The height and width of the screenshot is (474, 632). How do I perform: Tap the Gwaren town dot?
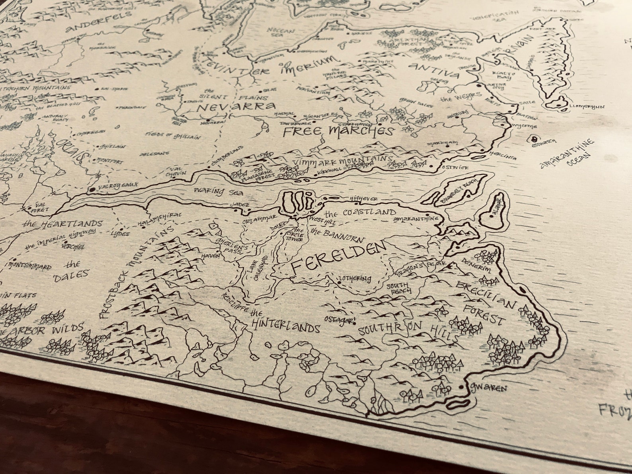[461, 387]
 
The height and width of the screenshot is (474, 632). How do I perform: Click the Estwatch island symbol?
[533, 139]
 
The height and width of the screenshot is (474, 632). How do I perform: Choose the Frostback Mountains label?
[135, 271]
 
